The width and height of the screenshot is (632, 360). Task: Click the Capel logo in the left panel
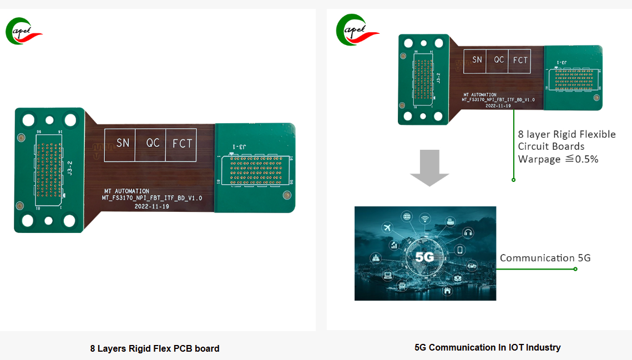tap(24, 31)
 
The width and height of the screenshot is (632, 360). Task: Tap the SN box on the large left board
tap(123, 144)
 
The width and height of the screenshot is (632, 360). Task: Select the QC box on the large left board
tap(153, 143)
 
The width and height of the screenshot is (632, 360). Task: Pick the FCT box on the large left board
tap(182, 144)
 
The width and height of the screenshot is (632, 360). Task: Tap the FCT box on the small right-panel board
tap(520, 60)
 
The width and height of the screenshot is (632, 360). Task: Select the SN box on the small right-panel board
tap(477, 59)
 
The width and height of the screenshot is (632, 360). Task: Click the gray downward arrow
tap(429, 167)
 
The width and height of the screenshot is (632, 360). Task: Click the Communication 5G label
tap(545, 258)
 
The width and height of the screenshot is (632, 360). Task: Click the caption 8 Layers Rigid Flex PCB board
tap(155, 349)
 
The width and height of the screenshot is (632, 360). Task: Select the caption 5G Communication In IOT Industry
tap(487, 348)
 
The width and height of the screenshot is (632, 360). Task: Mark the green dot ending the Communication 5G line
tap(575, 269)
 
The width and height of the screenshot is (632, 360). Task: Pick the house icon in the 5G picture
tap(447, 291)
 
